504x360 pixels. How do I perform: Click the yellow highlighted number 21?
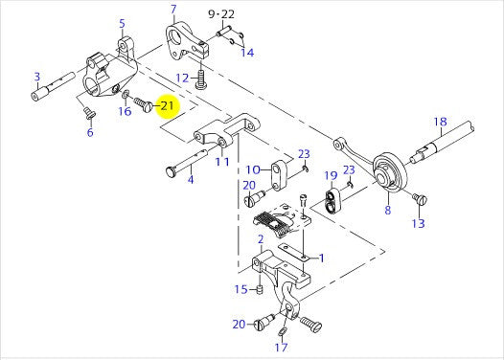coord(167,105)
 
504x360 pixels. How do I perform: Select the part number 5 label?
coord(122,23)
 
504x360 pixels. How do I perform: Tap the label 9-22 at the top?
coord(221,14)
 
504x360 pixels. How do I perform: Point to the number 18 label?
coord(440,122)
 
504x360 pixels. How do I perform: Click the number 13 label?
coord(418,223)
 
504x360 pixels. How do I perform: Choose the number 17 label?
coord(282,348)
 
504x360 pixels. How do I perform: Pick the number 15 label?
coord(241,289)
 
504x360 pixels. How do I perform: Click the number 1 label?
coord(321,258)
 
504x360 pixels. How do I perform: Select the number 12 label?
coord(182,78)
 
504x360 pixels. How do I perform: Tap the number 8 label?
coord(388,210)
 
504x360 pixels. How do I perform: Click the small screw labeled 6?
coord(88,113)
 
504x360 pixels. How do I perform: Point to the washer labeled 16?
coord(126,94)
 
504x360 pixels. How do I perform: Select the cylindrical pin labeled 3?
coord(53,87)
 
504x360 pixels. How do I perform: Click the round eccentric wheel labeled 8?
coord(390,172)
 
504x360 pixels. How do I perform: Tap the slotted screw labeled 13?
coord(421,198)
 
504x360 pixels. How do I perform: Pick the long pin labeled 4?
coord(187,162)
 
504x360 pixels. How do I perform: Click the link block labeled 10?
coord(277,175)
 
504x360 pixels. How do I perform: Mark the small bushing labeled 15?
coord(260,289)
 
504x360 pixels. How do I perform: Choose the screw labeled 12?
coord(201,79)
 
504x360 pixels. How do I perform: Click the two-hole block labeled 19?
coord(332,201)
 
